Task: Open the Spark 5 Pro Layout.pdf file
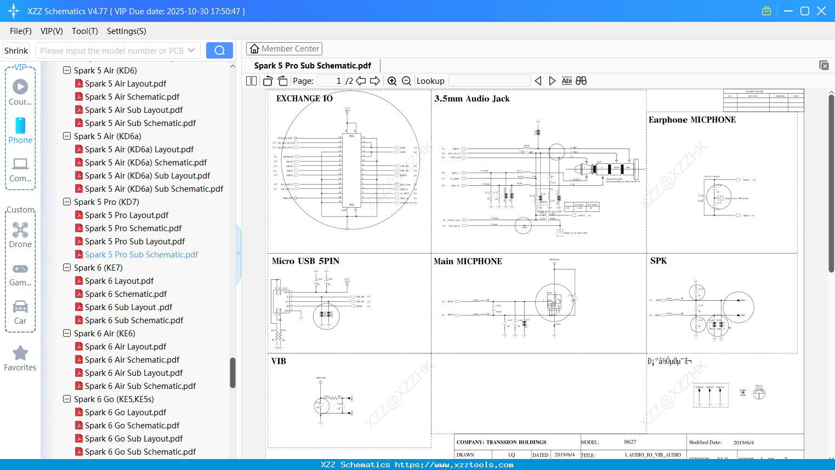126,215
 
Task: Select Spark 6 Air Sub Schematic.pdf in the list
140,386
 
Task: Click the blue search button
219,50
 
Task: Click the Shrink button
16,50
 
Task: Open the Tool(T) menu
84,31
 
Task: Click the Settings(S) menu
126,31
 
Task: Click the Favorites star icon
20,353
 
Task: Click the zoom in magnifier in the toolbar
392,81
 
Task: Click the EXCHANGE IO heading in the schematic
304,99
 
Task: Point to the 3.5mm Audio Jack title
472,99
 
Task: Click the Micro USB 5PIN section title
305,261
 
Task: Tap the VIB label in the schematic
279,361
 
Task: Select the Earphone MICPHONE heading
692,120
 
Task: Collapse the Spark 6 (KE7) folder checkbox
67,268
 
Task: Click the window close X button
821,11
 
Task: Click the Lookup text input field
489,81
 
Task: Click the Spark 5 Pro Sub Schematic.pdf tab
313,66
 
